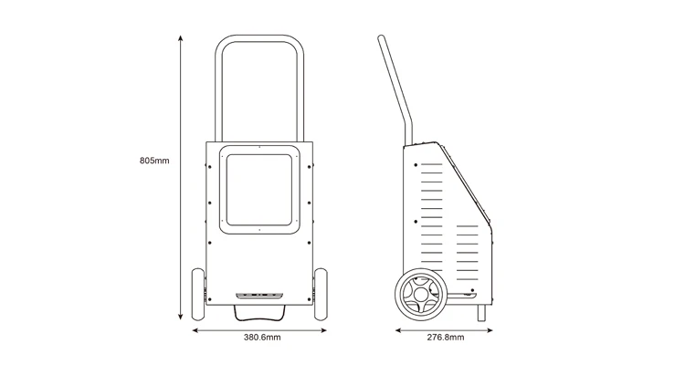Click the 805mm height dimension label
[154, 161]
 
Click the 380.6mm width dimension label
[261, 338]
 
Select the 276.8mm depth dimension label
[446, 338]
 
